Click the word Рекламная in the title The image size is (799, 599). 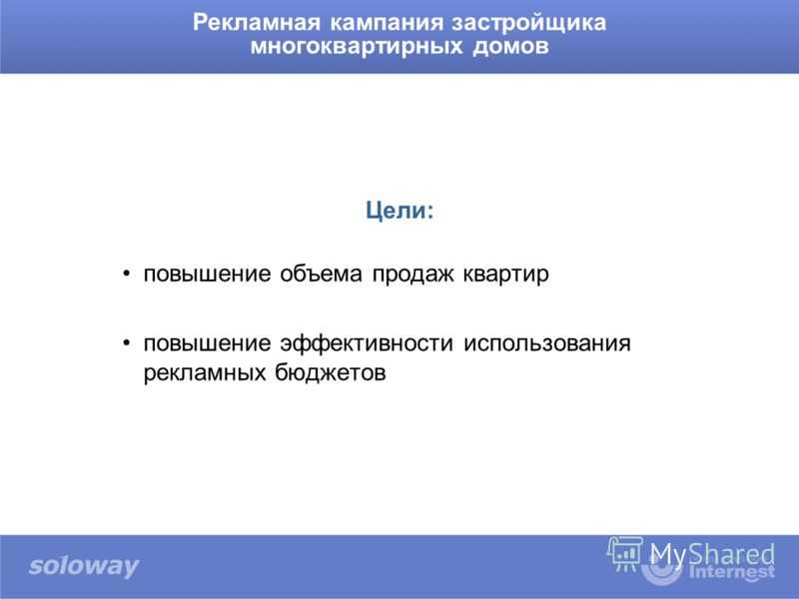(x=257, y=23)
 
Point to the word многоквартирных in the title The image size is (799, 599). (x=357, y=46)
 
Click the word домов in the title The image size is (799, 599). (x=510, y=46)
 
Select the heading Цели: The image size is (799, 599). (x=399, y=210)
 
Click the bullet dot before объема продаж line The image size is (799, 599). (x=127, y=274)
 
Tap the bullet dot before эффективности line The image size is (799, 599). (x=127, y=343)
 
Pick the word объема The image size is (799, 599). (x=321, y=274)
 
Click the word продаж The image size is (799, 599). (x=412, y=275)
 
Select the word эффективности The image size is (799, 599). (x=367, y=343)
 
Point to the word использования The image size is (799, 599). (x=547, y=343)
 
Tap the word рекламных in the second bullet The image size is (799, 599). (x=205, y=372)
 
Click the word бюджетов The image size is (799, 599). (x=331, y=372)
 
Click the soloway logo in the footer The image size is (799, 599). (x=84, y=566)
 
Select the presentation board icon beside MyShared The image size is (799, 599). (x=625, y=554)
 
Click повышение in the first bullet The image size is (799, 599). (x=207, y=275)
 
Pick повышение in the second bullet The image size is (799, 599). (x=207, y=343)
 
